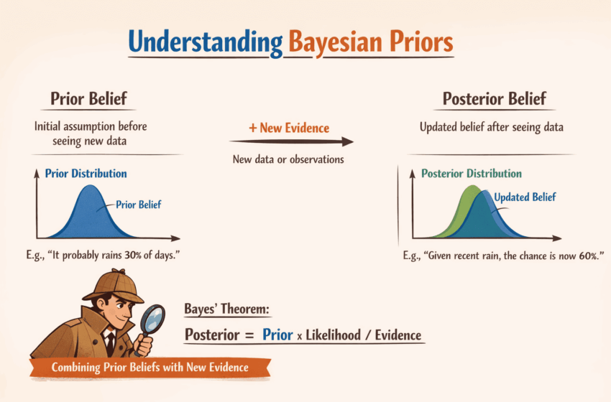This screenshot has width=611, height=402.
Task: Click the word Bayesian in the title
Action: (336, 42)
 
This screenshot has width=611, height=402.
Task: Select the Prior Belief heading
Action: (88, 98)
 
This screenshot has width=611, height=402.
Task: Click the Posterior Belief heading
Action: (495, 98)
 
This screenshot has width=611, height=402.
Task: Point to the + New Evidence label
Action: (289, 128)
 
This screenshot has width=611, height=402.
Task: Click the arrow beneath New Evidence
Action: (291, 141)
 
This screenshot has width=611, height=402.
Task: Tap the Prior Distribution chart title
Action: (86, 173)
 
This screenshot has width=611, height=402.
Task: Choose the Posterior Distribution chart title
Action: (472, 173)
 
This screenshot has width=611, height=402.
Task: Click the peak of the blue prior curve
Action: (90, 186)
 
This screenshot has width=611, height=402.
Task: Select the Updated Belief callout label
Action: (525, 197)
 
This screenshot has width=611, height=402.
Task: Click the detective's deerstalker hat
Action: (114, 285)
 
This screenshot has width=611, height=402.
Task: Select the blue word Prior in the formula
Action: (277, 335)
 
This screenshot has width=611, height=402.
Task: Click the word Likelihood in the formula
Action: (333, 335)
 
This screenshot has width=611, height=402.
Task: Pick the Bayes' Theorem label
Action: (226, 309)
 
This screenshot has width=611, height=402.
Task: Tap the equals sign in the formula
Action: (249, 335)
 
